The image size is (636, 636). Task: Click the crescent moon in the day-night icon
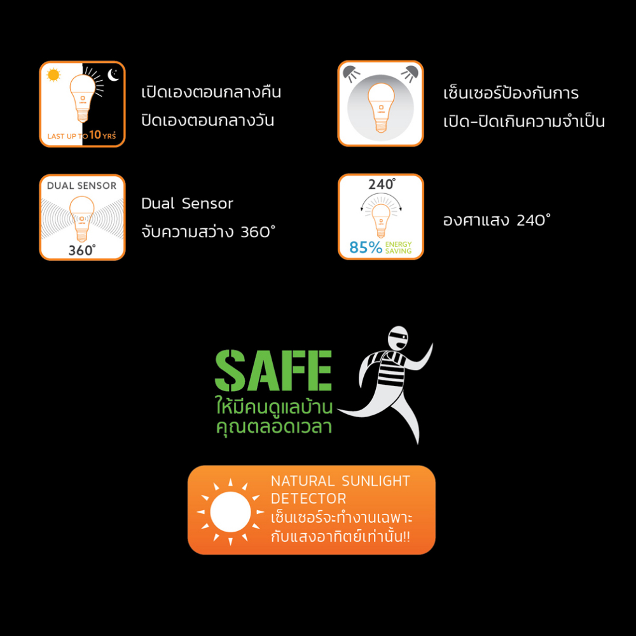click(113, 74)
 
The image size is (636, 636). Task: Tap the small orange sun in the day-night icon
click(53, 75)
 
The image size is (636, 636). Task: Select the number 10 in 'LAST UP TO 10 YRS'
click(95, 134)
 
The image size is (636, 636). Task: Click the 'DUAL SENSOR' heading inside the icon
click(81, 186)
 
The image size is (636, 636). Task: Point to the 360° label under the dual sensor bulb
click(82, 250)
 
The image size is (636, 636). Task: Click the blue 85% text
click(366, 247)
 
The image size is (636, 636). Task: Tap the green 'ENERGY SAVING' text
click(398, 247)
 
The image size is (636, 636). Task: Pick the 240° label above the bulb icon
click(381, 184)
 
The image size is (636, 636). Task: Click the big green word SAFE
click(273, 371)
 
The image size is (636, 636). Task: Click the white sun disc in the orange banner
click(230, 511)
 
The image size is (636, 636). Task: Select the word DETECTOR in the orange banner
click(308, 499)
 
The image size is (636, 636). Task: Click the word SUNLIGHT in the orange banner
click(376, 481)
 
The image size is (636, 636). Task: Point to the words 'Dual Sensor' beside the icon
click(187, 204)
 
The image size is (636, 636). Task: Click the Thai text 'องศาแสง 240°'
click(497, 220)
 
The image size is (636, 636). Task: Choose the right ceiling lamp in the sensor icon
click(410, 73)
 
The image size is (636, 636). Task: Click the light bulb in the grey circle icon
click(381, 107)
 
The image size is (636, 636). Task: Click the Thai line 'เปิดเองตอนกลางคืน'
click(211, 92)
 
